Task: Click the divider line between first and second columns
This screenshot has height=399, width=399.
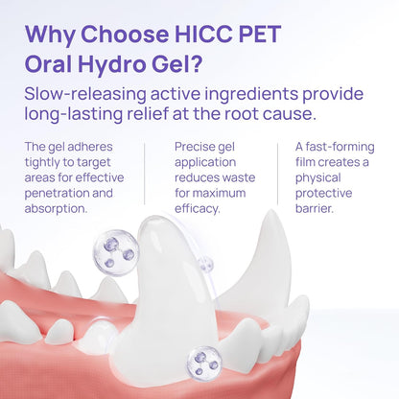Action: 145,181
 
